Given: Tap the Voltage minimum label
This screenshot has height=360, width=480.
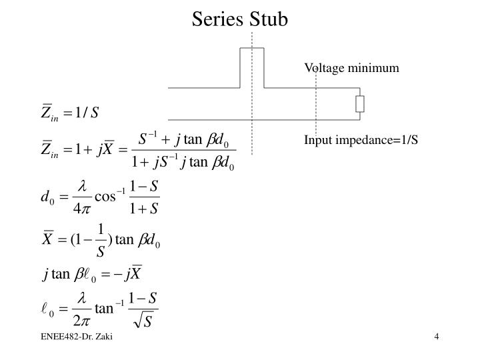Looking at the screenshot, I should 351,67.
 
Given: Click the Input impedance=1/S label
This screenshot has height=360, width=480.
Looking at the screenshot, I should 361,141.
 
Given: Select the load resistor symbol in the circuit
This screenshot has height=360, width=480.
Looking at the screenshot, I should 360,104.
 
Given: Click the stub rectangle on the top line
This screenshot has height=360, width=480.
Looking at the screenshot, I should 252,67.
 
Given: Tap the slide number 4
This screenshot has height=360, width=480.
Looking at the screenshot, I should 436,337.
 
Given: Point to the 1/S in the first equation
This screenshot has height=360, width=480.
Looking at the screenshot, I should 87,111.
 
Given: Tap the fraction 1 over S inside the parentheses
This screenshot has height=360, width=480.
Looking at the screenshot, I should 101,241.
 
